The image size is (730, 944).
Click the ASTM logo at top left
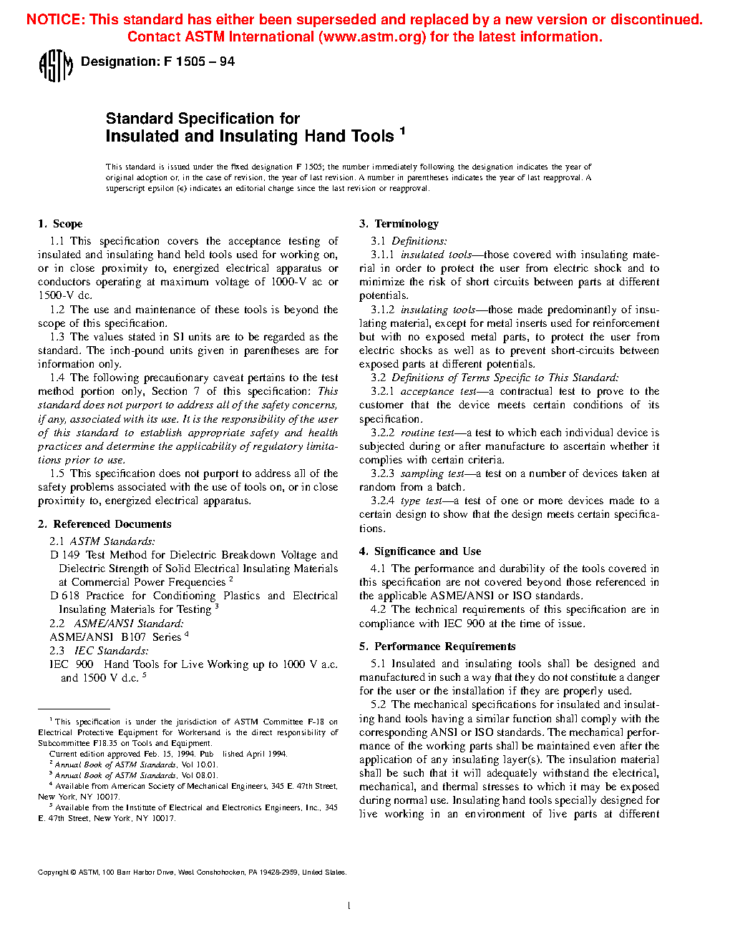pyautogui.click(x=55, y=66)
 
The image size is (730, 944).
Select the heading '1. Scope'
pyautogui.click(x=60, y=224)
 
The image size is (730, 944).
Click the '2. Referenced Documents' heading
pyautogui.click(x=104, y=524)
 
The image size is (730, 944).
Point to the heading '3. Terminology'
pyautogui.click(x=399, y=224)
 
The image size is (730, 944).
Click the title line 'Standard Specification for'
pyautogui.click(x=203, y=119)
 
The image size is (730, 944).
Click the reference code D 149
pyautogui.click(x=64, y=555)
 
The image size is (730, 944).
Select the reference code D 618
pyautogui.click(x=64, y=596)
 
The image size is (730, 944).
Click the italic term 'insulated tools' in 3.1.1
pyautogui.click(x=436, y=255)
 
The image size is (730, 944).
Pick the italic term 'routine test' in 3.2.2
pyautogui.click(x=427, y=433)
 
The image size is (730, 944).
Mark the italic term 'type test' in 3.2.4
pyautogui.click(x=423, y=501)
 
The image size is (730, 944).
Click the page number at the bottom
pyautogui.click(x=349, y=906)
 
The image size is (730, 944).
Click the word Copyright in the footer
pyautogui.click(x=53, y=872)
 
